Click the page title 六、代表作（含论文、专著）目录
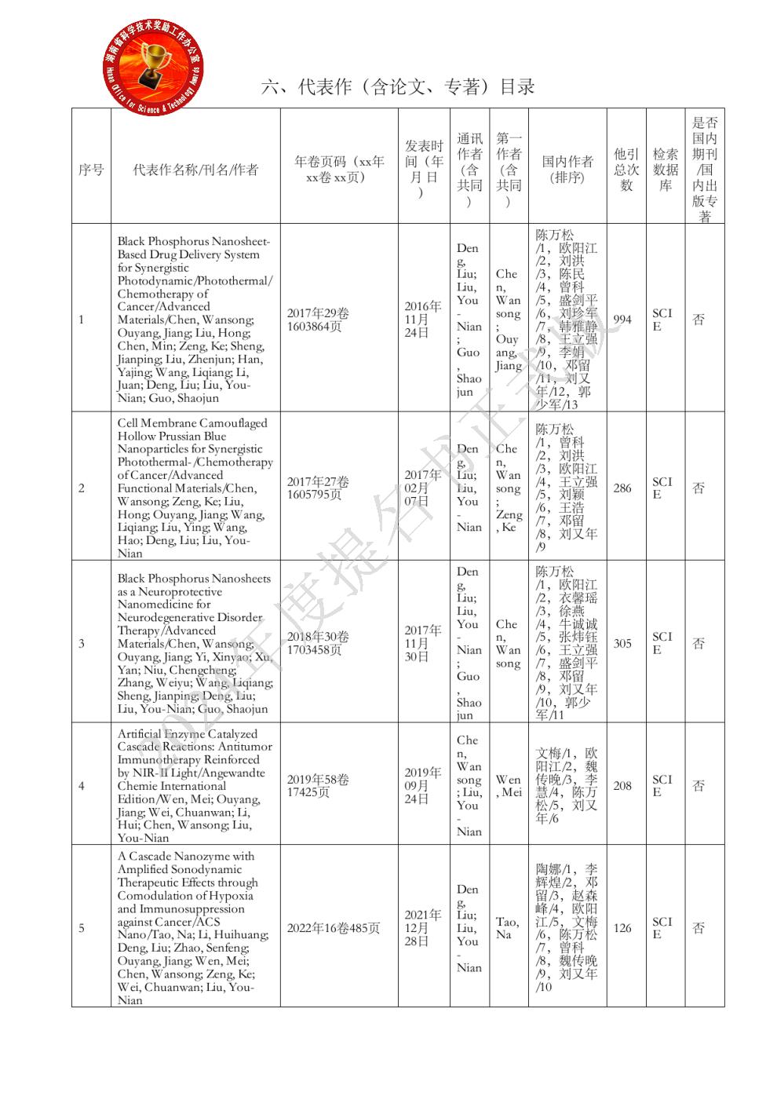(398, 87)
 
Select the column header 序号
(91, 170)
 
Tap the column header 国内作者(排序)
(567, 170)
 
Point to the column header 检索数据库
(665, 170)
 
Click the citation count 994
(622, 320)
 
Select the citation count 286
(622, 488)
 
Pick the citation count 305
(622, 644)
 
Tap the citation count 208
(622, 786)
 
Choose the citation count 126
(622, 928)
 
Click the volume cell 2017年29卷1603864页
(318, 320)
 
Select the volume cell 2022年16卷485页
(334, 928)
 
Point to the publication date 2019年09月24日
(423, 786)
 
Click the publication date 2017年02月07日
(423, 488)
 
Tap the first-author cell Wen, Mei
(509, 786)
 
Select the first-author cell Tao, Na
(507, 928)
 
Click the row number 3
(82, 644)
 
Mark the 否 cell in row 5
(699, 928)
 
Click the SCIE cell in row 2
(662, 488)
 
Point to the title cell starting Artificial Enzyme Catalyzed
(192, 786)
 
